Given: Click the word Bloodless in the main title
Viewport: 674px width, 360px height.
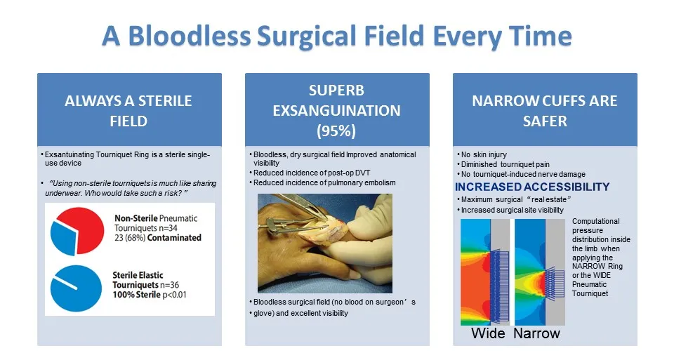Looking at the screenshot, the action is pyautogui.click(x=189, y=35).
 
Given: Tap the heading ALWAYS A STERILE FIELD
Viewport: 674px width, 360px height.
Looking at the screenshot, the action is pyautogui.click(x=128, y=111).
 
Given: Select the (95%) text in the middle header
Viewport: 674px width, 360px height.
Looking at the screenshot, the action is pyautogui.click(x=336, y=131).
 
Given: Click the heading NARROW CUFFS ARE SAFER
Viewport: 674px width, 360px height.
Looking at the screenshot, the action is pyautogui.click(x=545, y=111).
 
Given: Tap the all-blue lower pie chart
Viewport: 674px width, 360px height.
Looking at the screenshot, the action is pyautogui.click(x=76, y=288).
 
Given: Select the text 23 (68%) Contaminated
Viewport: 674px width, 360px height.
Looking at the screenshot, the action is pyautogui.click(x=157, y=238).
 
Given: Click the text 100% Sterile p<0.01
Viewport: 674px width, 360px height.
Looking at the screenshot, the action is pyautogui.click(x=149, y=295).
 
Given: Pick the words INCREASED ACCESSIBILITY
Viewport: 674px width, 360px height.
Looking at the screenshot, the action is pyautogui.click(x=532, y=187).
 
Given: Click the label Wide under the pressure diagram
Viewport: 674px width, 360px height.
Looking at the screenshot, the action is pyautogui.click(x=488, y=333).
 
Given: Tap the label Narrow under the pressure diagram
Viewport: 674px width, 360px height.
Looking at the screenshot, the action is pyautogui.click(x=537, y=333).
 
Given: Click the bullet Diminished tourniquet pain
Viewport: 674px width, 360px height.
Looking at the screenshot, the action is pyautogui.click(x=505, y=164).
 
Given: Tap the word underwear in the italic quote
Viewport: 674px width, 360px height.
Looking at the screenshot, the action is pyautogui.click(x=63, y=193).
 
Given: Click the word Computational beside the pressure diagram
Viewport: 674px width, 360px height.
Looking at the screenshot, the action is pyautogui.click(x=596, y=221).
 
